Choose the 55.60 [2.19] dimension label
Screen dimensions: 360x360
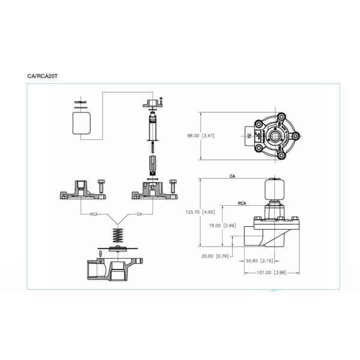click(260, 261)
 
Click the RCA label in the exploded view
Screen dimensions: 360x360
click(94, 213)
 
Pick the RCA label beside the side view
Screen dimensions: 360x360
click(242, 204)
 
